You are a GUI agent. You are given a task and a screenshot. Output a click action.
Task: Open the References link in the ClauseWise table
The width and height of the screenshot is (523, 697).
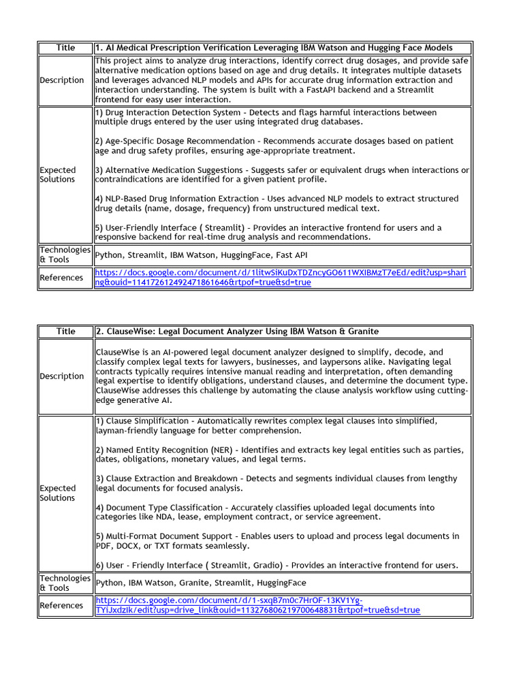point(257,605)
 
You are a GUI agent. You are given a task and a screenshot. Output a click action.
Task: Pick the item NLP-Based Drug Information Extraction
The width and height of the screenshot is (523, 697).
point(180,199)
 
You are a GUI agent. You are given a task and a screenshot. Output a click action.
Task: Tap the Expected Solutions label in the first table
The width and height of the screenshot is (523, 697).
point(58,175)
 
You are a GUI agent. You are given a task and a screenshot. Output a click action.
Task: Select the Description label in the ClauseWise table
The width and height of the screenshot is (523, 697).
point(62,376)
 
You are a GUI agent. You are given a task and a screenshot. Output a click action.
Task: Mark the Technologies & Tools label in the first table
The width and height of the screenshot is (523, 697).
point(65,255)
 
